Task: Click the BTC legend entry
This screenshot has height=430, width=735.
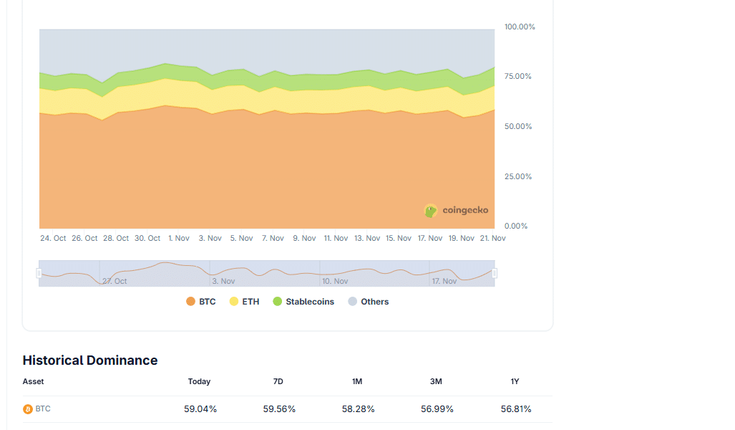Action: [201, 302]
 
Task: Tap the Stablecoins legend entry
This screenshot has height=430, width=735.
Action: [303, 302]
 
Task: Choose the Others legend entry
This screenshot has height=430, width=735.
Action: [369, 302]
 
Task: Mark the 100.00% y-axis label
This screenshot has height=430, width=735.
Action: [520, 27]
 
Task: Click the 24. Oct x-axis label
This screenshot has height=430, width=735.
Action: [53, 238]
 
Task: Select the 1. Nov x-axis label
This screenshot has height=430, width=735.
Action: [179, 238]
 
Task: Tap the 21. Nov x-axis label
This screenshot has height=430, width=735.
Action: [492, 238]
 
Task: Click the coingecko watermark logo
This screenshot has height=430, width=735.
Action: [457, 211]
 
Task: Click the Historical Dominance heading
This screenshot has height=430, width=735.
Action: [90, 360]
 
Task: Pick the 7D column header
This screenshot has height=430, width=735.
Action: [278, 381]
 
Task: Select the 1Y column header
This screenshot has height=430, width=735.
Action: [515, 381]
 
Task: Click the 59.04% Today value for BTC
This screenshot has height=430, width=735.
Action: [200, 409]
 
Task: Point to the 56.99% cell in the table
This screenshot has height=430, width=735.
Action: [437, 409]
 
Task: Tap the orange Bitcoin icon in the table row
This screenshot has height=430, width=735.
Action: [28, 409]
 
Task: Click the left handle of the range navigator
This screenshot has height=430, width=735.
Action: [39, 273]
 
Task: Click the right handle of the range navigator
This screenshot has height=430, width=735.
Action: [495, 273]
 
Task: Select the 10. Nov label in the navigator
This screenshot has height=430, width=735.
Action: [335, 281]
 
